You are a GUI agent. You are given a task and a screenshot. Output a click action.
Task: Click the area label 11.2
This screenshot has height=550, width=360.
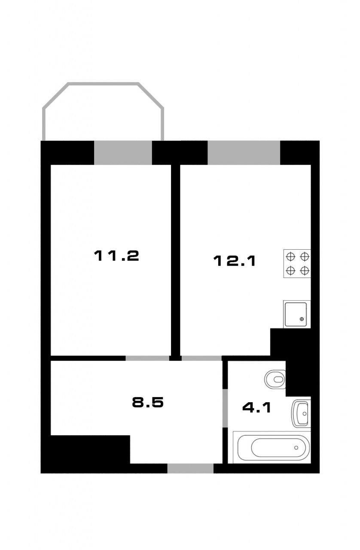[x=116, y=256]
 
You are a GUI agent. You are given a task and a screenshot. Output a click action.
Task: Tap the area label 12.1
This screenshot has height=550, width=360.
[x=235, y=261]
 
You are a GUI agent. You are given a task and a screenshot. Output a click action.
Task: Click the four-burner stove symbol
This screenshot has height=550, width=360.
[x=297, y=263]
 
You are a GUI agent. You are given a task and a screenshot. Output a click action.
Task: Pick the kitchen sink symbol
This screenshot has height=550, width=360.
[x=297, y=314]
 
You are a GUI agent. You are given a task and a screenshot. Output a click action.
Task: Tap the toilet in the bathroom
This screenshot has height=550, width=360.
[x=275, y=379]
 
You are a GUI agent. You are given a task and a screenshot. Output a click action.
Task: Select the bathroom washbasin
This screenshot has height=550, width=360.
[x=301, y=414]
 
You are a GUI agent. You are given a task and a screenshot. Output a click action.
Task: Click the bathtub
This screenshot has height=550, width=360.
[x=272, y=448]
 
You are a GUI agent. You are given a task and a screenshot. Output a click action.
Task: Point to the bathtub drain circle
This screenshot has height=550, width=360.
[x=296, y=448]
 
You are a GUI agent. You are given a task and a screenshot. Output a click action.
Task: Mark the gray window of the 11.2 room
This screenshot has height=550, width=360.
[x=123, y=153]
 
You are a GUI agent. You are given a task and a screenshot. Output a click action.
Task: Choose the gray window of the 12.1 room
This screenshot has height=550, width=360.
[x=244, y=153]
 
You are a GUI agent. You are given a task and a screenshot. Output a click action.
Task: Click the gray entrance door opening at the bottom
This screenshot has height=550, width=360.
[x=190, y=468]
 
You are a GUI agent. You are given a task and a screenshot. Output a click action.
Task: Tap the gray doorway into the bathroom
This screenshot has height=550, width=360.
[x=225, y=408]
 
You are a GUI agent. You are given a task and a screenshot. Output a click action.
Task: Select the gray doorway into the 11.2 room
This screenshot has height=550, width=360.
[x=147, y=358]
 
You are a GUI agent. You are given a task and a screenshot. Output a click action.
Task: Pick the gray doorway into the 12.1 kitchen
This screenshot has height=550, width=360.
[x=201, y=358]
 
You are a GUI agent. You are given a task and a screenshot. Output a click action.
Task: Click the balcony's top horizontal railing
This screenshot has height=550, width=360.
[x=103, y=84]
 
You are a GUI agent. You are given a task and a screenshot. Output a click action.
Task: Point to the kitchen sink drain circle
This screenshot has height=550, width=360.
[x=302, y=319]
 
